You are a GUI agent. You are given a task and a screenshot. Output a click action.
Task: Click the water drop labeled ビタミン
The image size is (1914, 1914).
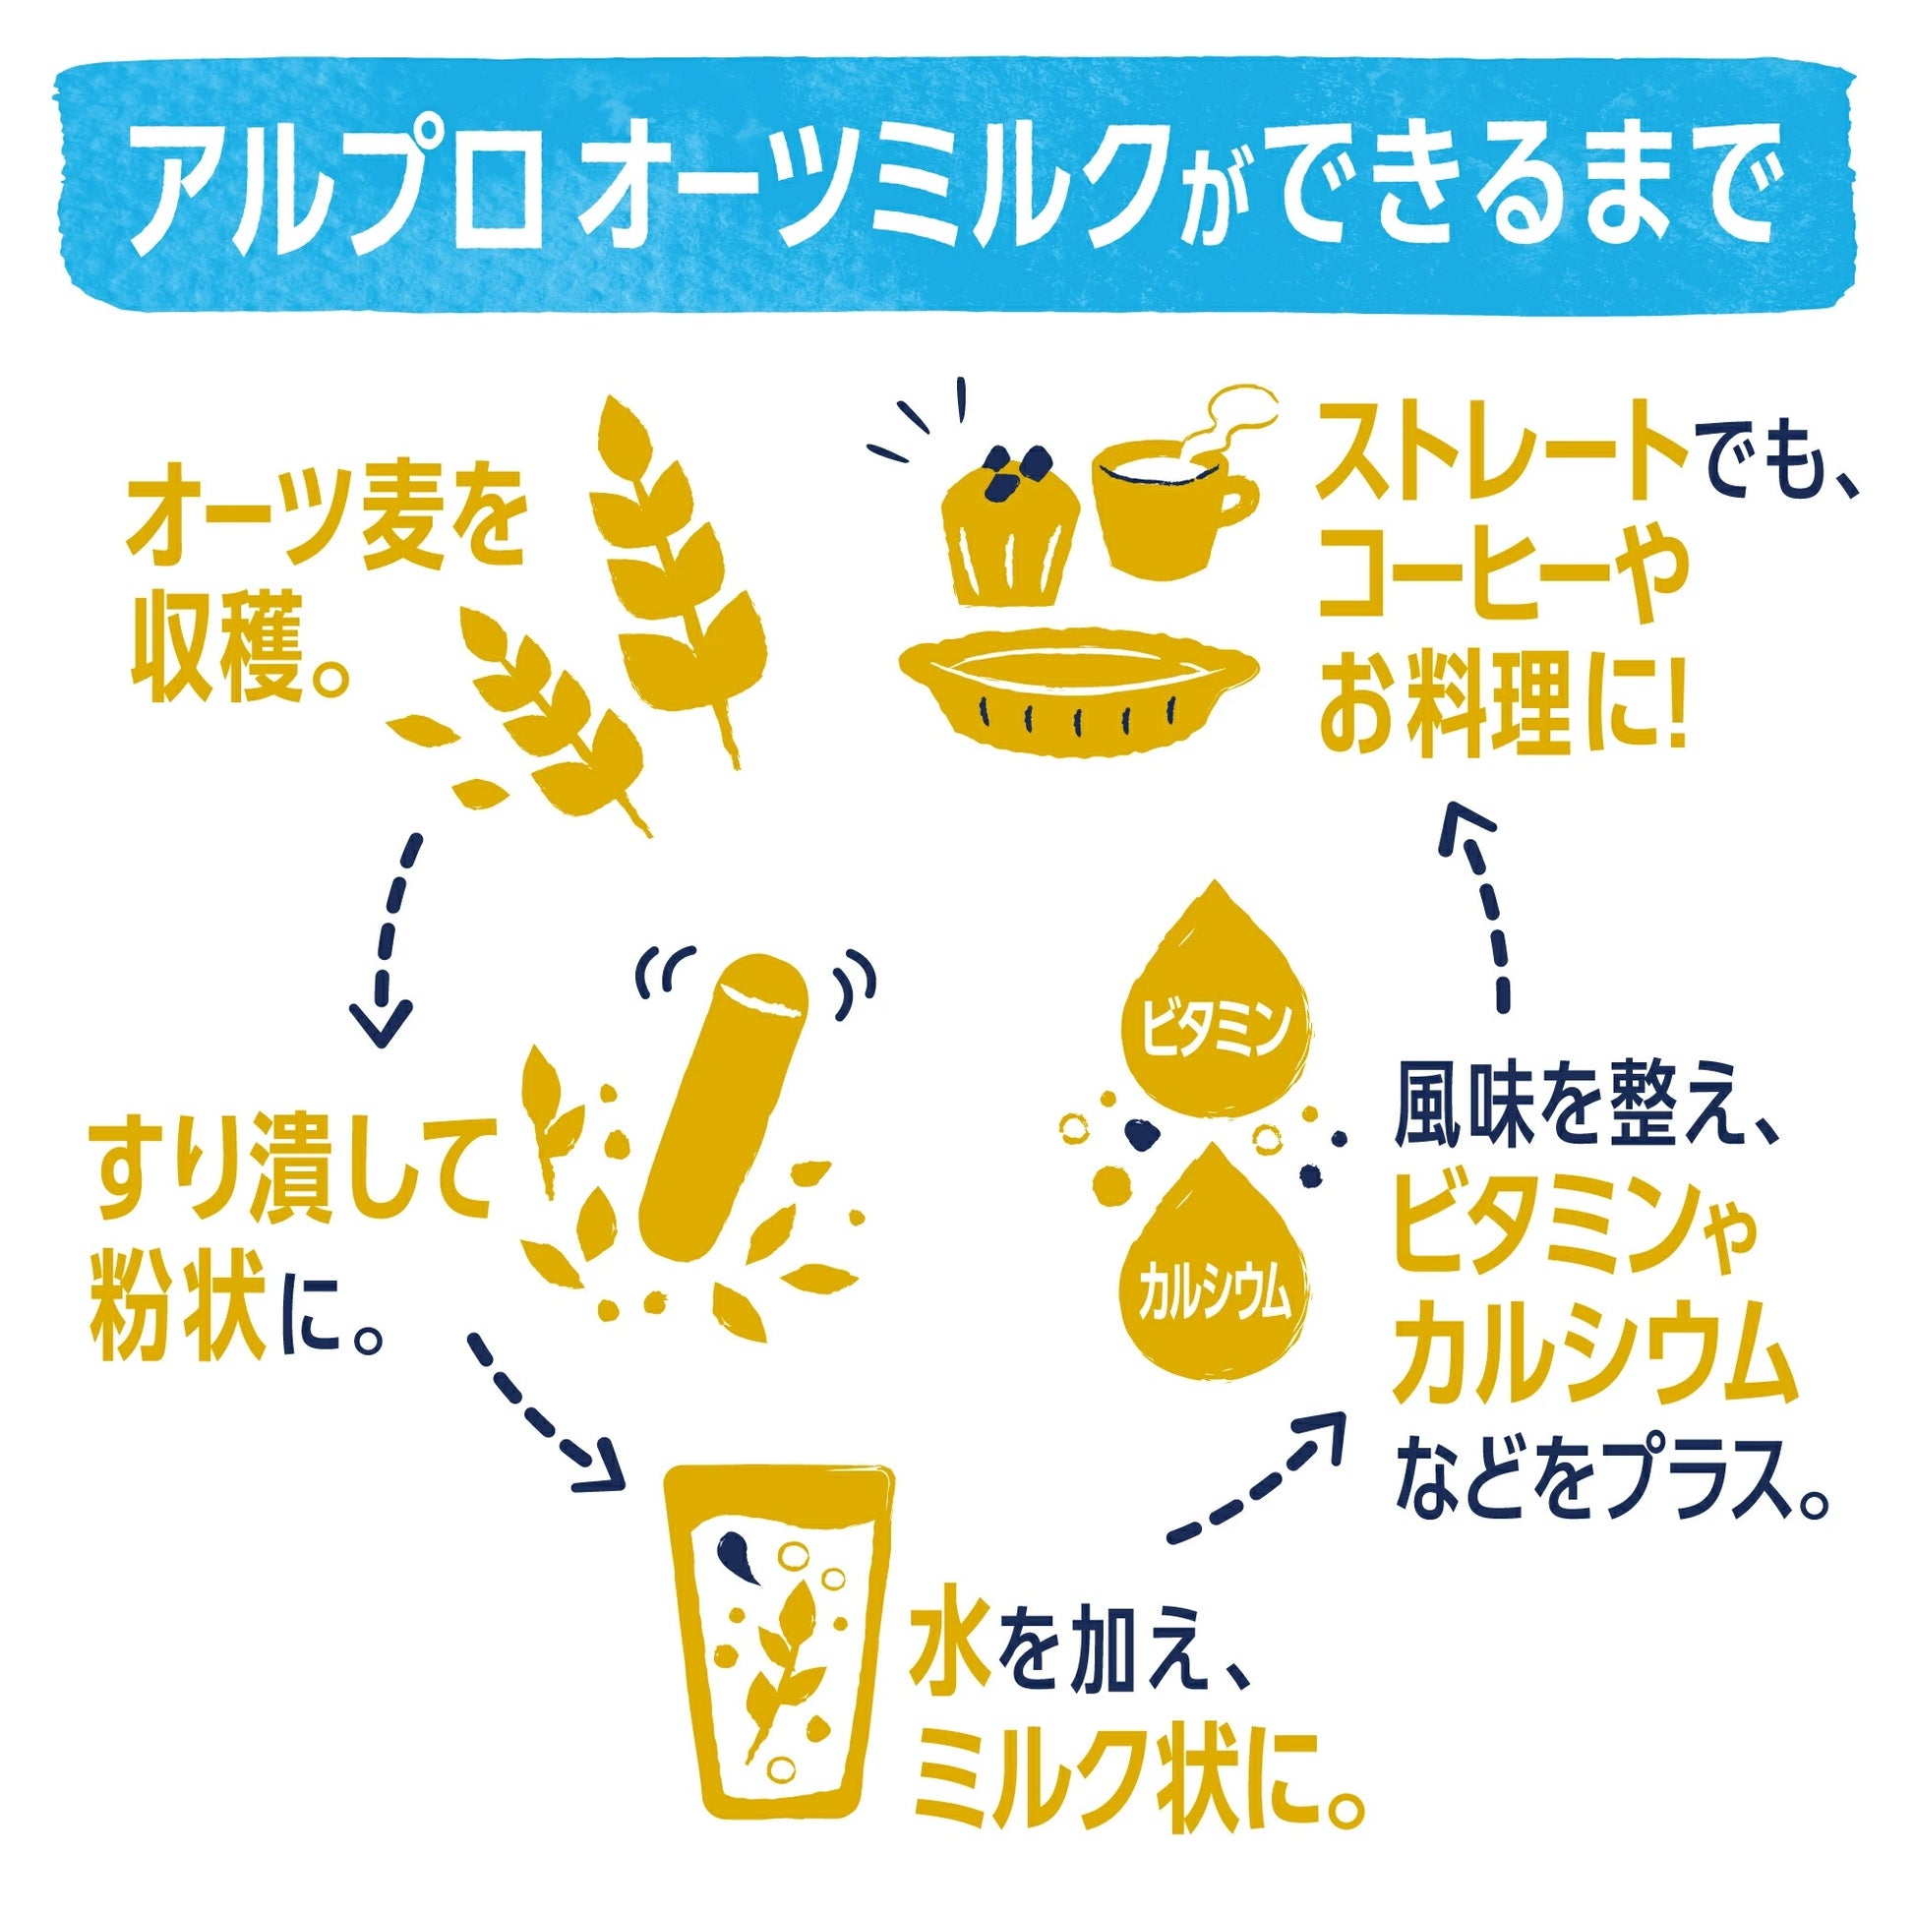tap(1219, 1000)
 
